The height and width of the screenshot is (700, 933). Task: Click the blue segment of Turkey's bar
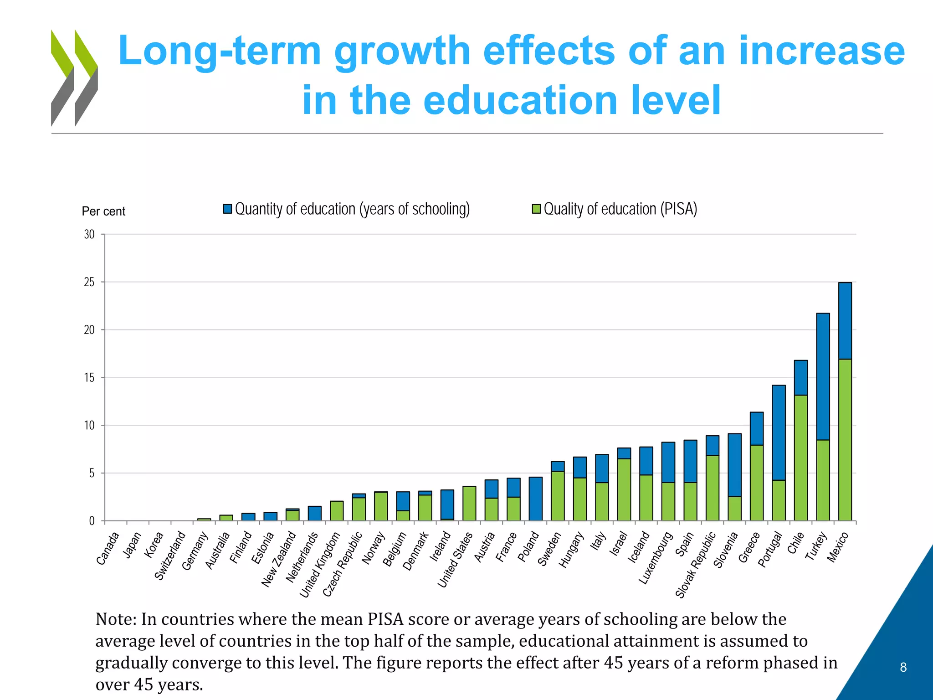tap(823, 376)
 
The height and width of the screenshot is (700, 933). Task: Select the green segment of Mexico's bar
tap(845, 440)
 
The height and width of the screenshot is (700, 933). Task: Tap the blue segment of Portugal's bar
tap(779, 432)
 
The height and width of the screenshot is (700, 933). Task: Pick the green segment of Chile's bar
tap(801, 458)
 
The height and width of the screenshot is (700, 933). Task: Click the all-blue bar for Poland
tap(536, 499)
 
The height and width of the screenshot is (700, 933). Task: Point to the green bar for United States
tap(469, 503)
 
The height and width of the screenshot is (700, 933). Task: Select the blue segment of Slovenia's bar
tap(734, 465)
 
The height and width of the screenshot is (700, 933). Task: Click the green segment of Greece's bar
tap(757, 483)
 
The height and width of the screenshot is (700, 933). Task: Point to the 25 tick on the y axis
tap(89, 282)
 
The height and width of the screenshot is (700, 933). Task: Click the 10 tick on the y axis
tap(89, 425)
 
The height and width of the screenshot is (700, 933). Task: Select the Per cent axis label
tap(103, 211)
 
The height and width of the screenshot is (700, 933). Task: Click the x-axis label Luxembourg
tap(656, 558)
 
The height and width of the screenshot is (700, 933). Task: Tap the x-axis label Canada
tap(108, 548)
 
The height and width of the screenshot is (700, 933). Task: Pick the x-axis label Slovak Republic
tap(696, 565)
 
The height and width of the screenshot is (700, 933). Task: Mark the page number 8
tap(903, 667)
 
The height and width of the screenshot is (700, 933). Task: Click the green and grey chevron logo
tap(74, 78)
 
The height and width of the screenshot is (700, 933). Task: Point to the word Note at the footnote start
tap(115, 619)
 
